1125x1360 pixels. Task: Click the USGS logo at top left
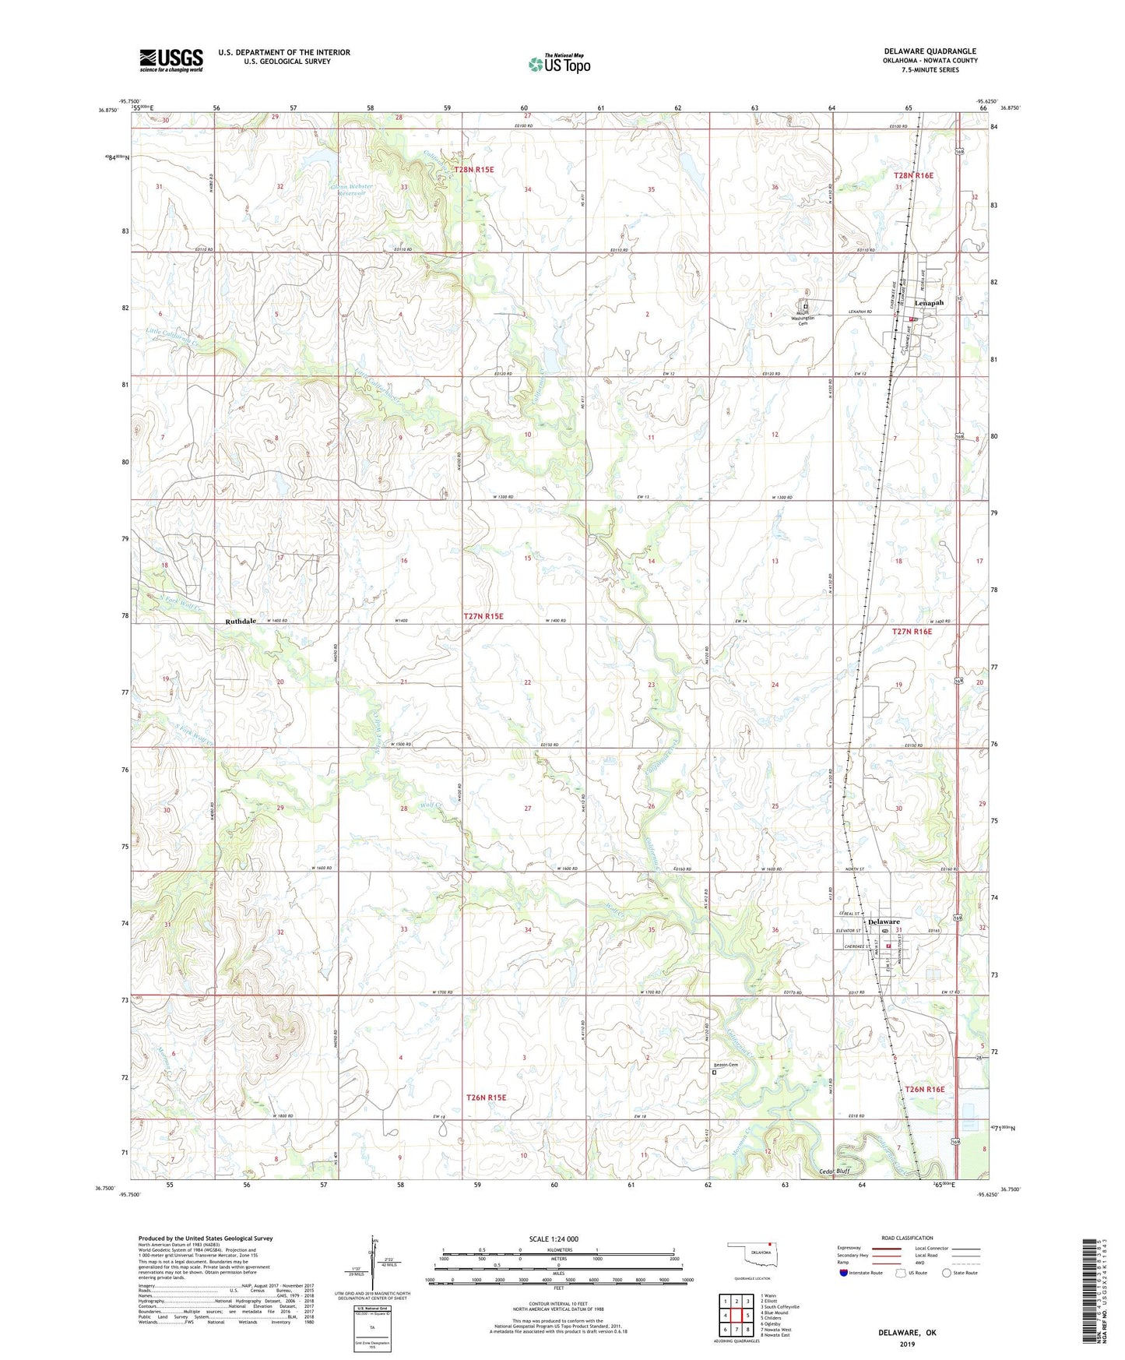tap(171, 60)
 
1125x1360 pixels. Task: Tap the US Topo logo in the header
tap(558, 63)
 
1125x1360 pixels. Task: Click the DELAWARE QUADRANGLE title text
tap(930, 51)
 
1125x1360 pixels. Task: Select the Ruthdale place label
tap(241, 622)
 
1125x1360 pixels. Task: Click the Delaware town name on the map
tap(884, 921)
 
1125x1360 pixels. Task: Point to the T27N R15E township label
tap(483, 616)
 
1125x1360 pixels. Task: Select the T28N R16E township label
tap(913, 176)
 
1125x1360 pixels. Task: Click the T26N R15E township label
tap(486, 1097)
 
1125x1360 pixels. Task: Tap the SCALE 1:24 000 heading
tap(554, 1239)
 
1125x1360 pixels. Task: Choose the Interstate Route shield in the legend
tap(844, 1274)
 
